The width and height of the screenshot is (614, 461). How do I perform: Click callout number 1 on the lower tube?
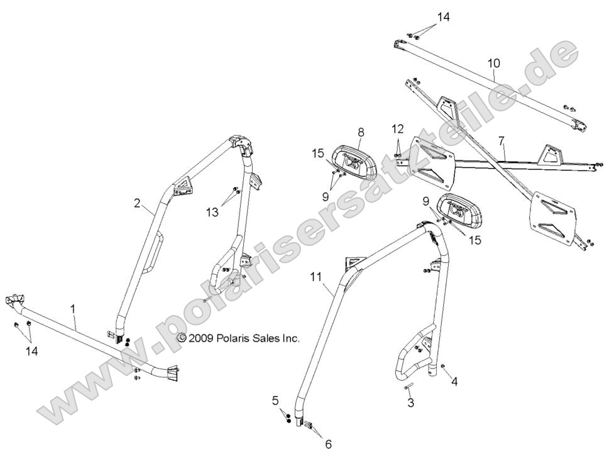[74, 309]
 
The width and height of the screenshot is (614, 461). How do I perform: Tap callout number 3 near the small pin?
[411, 403]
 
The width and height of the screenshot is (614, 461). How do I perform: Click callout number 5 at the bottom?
[275, 399]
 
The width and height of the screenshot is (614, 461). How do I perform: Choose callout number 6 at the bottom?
[328, 444]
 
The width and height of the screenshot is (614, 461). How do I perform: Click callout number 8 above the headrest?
[361, 132]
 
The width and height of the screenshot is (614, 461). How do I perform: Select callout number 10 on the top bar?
[493, 63]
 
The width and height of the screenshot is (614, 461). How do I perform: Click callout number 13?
[212, 213]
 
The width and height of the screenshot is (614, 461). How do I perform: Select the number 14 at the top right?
[444, 17]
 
